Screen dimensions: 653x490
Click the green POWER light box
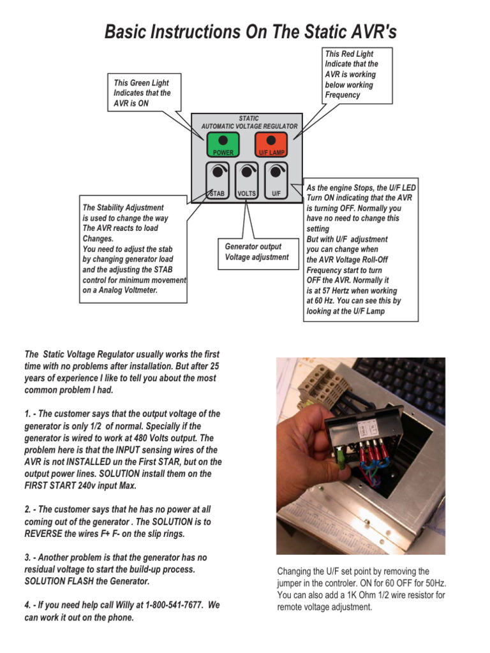[222, 145]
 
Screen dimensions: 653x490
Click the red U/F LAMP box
[271, 145]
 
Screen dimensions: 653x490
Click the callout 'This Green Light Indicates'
[142, 92]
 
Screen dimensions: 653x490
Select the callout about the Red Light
[357, 75]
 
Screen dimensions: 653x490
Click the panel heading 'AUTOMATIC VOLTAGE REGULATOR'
[249, 126]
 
